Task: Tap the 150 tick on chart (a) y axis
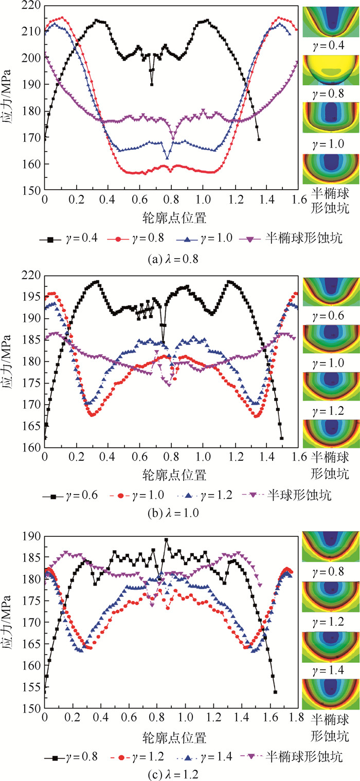32,191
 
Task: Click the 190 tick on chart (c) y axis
32,536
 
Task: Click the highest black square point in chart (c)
166,540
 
